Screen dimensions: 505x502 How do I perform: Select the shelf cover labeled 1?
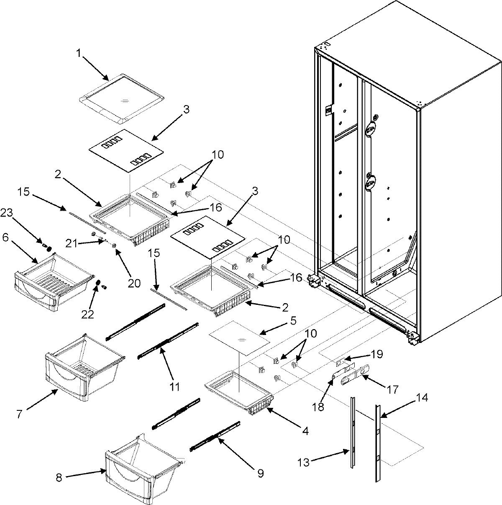tap(121, 99)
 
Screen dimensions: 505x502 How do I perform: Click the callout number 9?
tap(260, 474)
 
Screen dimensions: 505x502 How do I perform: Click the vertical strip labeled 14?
tap(378, 444)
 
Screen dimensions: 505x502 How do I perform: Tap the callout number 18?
tap(318, 406)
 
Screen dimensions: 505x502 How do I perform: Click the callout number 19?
tap(376, 354)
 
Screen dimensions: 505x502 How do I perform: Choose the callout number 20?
tap(134, 283)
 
